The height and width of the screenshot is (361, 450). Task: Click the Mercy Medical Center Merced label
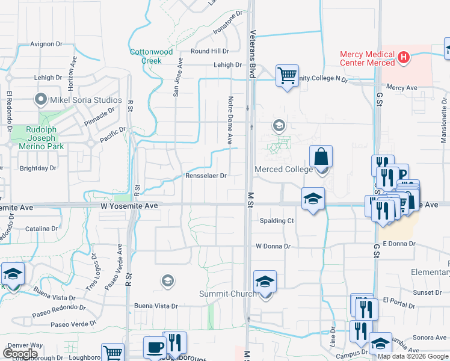click(367, 58)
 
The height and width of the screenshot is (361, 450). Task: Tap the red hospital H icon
click(404, 58)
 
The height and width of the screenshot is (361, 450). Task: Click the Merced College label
click(284, 169)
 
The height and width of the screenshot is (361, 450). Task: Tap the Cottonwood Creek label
click(146, 56)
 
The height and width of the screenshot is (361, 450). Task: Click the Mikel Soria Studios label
click(85, 100)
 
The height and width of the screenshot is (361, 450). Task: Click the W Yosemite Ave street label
click(129, 206)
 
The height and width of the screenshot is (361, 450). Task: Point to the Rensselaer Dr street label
click(206, 176)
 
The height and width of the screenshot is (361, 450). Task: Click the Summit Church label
click(227, 294)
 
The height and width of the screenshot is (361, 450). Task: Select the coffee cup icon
click(155, 347)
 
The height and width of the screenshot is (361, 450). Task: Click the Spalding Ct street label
click(276, 221)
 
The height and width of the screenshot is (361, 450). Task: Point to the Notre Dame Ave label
click(230, 119)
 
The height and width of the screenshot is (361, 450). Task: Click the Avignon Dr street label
click(47, 44)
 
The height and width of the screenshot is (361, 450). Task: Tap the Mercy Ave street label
click(402, 87)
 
